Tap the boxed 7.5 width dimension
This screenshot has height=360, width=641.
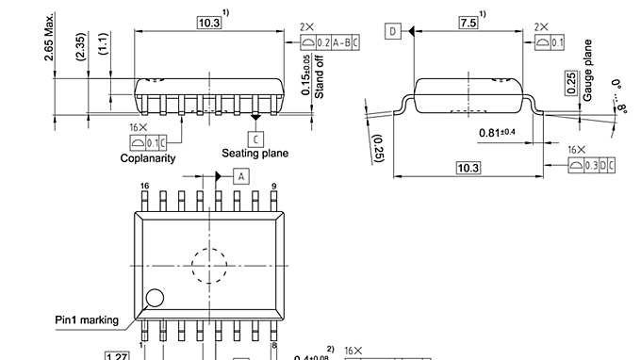point(467,21)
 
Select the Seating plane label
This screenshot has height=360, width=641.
point(255,153)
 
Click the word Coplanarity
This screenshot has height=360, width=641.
point(148,157)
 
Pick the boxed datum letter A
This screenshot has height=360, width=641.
point(240,176)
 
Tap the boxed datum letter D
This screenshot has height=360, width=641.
point(392,31)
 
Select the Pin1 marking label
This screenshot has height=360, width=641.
point(86,319)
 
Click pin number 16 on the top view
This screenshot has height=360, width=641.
point(144,187)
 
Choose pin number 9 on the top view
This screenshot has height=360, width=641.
point(272,187)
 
